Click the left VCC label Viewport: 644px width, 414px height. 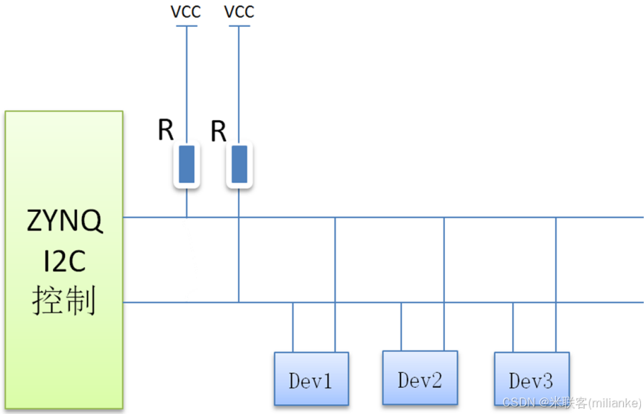[x=186, y=12]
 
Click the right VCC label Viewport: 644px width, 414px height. [x=239, y=12]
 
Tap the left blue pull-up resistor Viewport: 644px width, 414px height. [x=186, y=165]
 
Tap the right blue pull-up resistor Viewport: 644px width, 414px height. [x=239, y=165]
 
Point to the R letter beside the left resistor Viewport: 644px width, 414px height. [x=165, y=130]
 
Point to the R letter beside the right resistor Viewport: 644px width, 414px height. [x=218, y=131]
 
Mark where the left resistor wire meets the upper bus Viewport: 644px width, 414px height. [x=186, y=217]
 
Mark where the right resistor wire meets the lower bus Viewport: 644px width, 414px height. [x=239, y=302]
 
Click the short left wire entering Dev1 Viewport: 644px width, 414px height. [x=293, y=327]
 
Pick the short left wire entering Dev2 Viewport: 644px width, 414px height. [x=402, y=327]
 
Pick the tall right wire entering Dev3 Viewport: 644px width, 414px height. [x=555, y=283]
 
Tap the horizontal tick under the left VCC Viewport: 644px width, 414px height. [x=186, y=27]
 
